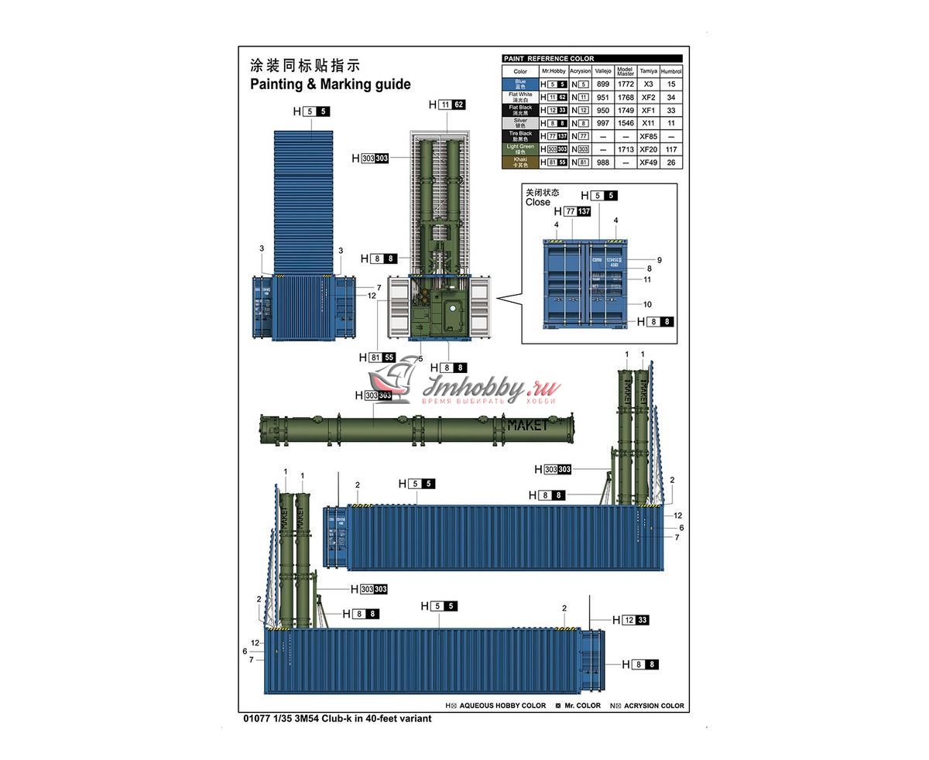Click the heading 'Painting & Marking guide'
point(330,84)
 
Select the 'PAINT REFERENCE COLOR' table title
point(548,59)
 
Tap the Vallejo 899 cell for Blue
point(603,84)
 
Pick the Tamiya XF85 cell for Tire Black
point(648,136)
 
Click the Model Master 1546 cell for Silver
point(626,123)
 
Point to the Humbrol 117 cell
point(670,149)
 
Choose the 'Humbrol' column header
point(670,70)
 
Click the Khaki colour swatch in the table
point(520,162)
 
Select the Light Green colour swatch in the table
point(520,149)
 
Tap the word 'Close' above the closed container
point(537,202)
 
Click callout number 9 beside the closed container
point(659,260)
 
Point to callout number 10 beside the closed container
point(647,304)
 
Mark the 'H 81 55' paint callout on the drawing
point(378,358)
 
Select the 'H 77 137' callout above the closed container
point(572,211)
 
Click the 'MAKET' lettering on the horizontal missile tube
point(526,424)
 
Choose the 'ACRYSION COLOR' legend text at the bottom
point(653,706)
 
